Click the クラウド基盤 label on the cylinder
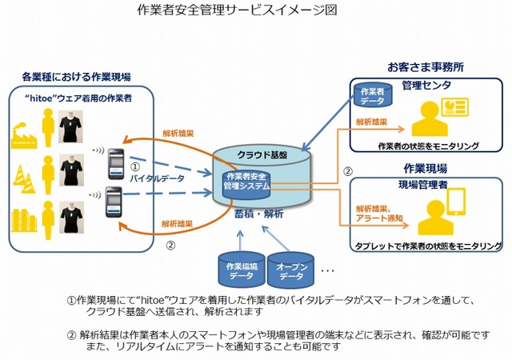(262, 153)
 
